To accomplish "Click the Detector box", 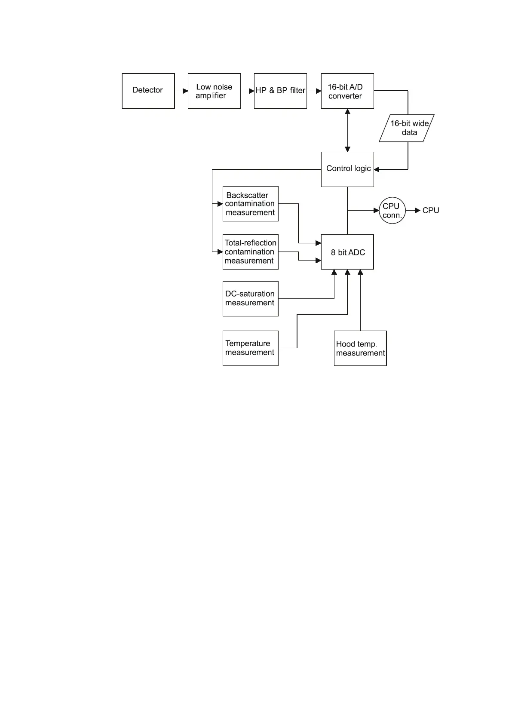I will pyautogui.click(x=148, y=91).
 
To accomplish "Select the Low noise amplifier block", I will pyautogui.click(x=214, y=91).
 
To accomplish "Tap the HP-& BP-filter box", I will pyautogui.click(x=280, y=91).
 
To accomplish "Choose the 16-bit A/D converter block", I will pyautogui.click(x=347, y=91).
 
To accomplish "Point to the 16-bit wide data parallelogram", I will pyautogui.click(x=407, y=128).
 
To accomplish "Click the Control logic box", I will pyautogui.click(x=347, y=169).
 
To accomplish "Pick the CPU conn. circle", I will pyautogui.click(x=392, y=211).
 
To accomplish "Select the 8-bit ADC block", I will pyautogui.click(x=347, y=252).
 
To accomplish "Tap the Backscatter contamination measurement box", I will pyautogui.click(x=250, y=204).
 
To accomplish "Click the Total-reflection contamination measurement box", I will pyautogui.click(x=250, y=252).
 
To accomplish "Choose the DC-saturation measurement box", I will pyautogui.click(x=250, y=299).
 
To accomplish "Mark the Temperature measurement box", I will pyautogui.click(x=250, y=348).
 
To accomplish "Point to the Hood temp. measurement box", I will pyautogui.click(x=360, y=348).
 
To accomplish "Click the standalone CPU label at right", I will pyautogui.click(x=431, y=211).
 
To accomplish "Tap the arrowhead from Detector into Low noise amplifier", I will pyautogui.click(x=185, y=91).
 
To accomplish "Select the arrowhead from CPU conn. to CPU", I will pyautogui.click(x=417, y=211).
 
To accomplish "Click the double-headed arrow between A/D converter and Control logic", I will pyautogui.click(x=347, y=130).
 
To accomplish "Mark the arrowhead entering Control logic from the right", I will pyautogui.click(x=377, y=169).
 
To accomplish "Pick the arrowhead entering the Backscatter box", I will pyautogui.click(x=220, y=204).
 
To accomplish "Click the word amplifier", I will pyautogui.click(x=211, y=96).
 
